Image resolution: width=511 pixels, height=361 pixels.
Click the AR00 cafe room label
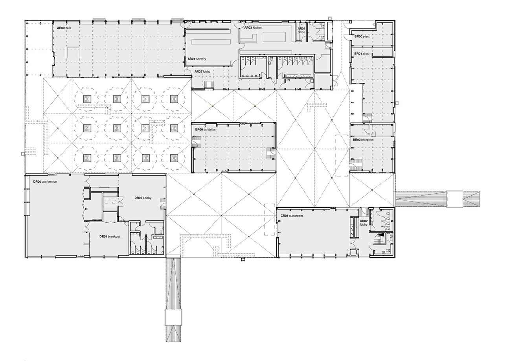coord(64,28)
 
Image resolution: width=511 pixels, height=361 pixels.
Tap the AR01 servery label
coord(197,59)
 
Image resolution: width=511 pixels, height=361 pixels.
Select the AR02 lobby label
coord(202,71)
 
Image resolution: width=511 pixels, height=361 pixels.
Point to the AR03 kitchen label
coord(253,27)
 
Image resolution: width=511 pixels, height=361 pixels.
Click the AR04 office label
coord(301,30)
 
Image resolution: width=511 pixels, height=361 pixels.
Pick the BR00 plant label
coord(362,36)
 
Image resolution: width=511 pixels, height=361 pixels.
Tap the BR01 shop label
coord(362,53)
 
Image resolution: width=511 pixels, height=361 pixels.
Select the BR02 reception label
coord(363,140)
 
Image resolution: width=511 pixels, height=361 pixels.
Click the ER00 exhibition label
coord(206,130)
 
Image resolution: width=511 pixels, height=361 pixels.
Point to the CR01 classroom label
coord(292,216)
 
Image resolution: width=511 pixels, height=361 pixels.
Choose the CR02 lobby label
coord(364,223)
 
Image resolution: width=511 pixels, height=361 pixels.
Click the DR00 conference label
coord(45,181)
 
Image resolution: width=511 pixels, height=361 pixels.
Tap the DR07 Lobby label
coord(143,198)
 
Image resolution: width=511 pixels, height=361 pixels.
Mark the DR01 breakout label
coord(110,236)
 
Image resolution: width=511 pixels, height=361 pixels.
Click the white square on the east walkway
coord(455,199)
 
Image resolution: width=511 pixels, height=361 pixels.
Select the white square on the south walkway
coord(174,317)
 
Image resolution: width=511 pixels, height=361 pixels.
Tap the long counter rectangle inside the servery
coord(211,42)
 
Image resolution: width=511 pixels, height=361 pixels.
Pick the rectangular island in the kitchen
coord(274,37)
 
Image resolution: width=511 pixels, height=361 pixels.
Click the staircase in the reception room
coord(354,165)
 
